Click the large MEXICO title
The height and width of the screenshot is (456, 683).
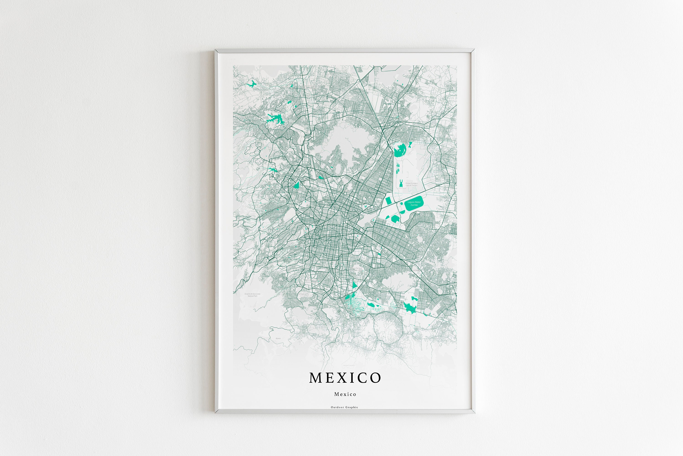click(345, 378)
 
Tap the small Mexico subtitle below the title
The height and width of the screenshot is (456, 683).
click(345, 394)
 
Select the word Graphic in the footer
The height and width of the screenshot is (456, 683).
click(352, 407)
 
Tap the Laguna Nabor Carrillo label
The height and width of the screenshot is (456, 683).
click(414, 203)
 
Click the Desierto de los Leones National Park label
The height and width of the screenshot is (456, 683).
click(252, 295)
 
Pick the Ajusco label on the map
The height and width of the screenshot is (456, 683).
click(278, 338)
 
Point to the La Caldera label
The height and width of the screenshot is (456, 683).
click(416, 270)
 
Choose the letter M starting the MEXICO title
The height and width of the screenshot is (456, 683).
click(315, 378)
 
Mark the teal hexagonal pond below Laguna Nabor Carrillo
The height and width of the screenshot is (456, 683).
click(395, 219)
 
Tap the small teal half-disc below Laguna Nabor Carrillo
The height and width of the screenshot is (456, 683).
click(403, 212)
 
